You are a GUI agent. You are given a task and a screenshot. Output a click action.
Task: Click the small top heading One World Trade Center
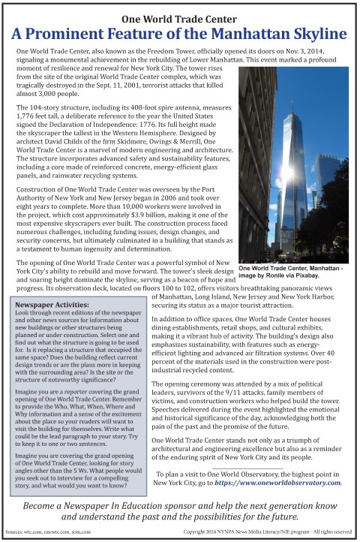(x=179, y=18)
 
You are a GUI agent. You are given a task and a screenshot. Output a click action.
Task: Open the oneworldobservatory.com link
(x=279, y=483)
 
